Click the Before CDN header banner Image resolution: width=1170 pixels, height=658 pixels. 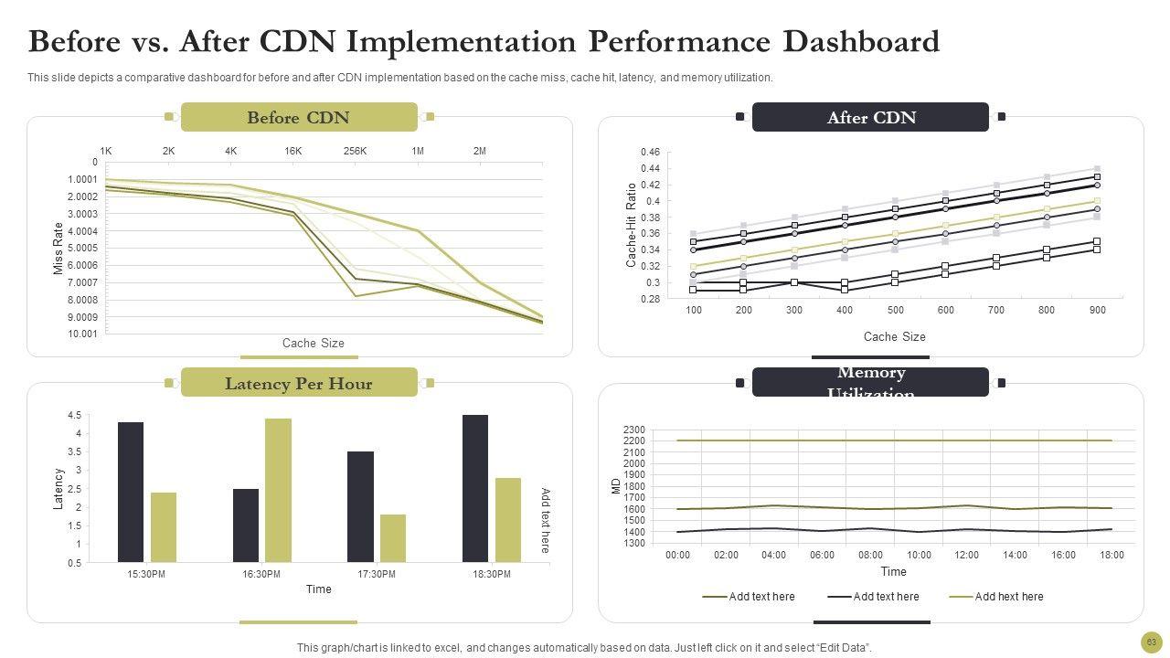pyautogui.click(x=298, y=117)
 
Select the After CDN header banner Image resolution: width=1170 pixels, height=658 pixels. pyautogui.click(x=870, y=117)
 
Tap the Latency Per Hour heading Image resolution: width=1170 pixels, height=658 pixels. pyautogui.click(x=298, y=383)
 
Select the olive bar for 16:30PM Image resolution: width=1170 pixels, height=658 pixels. pyautogui.click(x=278, y=490)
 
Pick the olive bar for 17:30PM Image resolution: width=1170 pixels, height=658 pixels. pyautogui.click(x=393, y=538)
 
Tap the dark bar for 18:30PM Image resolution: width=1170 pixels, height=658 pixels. pyautogui.click(x=475, y=488)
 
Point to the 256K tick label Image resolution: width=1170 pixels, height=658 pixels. pyautogui.click(x=355, y=151)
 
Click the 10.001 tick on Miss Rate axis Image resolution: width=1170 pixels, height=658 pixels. pyautogui.click(x=82, y=334)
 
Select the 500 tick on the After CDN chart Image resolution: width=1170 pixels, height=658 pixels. pyautogui.click(x=895, y=311)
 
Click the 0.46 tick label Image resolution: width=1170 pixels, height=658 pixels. pyautogui.click(x=650, y=152)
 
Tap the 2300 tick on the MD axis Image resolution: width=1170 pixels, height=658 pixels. pyautogui.click(x=633, y=430)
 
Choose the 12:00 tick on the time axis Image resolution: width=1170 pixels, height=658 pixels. pyautogui.click(x=966, y=556)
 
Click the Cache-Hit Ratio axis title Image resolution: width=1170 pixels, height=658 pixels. pyautogui.click(x=631, y=226)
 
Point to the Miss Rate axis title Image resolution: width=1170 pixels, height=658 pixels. pyautogui.click(x=59, y=248)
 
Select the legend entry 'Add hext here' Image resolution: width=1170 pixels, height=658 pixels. pyautogui.click(x=1008, y=597)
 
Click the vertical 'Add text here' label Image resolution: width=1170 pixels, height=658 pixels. pyautogui.click(x=546, y=520)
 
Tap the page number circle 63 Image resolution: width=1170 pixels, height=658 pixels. pyautogui.click(x=1151, y=642)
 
